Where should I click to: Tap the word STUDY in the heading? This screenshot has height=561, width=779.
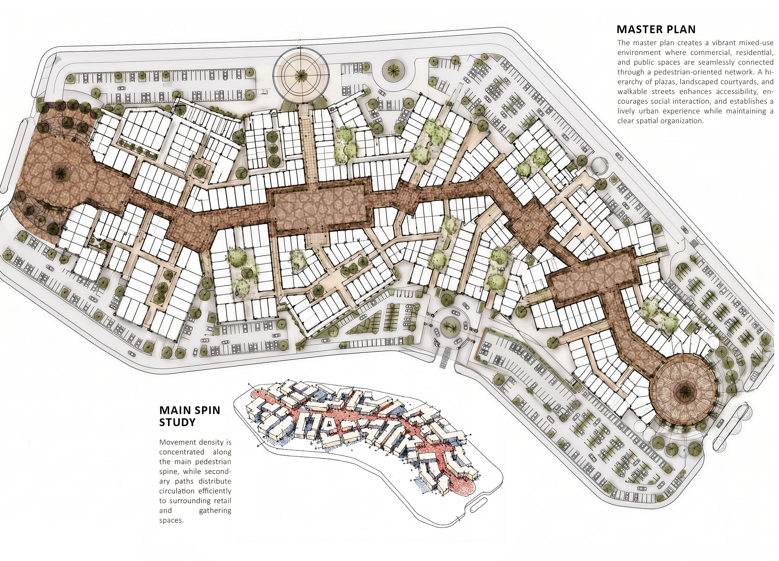click(177, 422)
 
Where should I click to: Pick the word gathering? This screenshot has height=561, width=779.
click(215, 511)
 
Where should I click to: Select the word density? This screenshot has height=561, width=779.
click(210, 442)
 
